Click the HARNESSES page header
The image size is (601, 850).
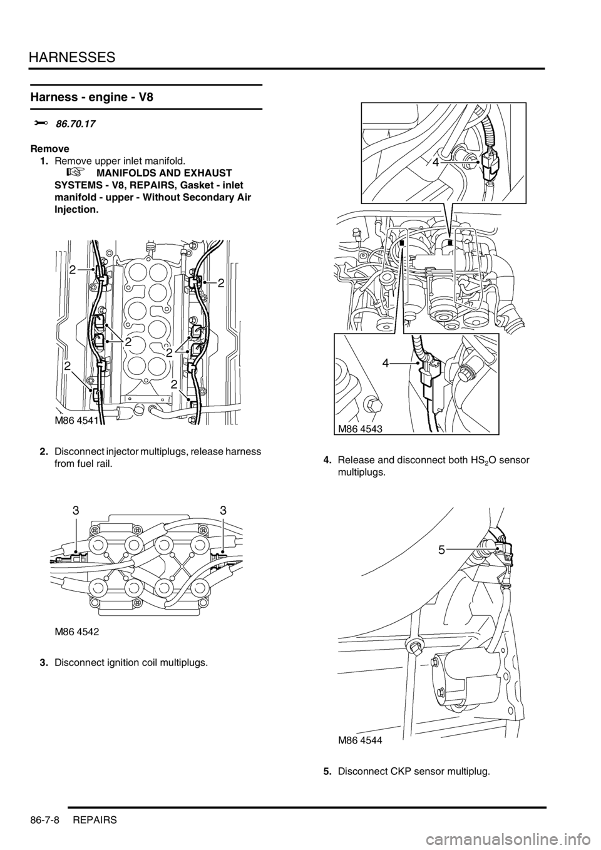click(72, 57)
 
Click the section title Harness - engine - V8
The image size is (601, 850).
click(92, 97)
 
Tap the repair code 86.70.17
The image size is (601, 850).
click(75, 124)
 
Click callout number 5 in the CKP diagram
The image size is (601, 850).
click(441, 550)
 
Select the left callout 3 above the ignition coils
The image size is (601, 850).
click(76, 511)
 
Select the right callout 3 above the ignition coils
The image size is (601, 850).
click(223, 511)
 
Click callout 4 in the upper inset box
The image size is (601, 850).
click(436, 163)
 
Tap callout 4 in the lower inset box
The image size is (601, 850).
click(386, 364)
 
